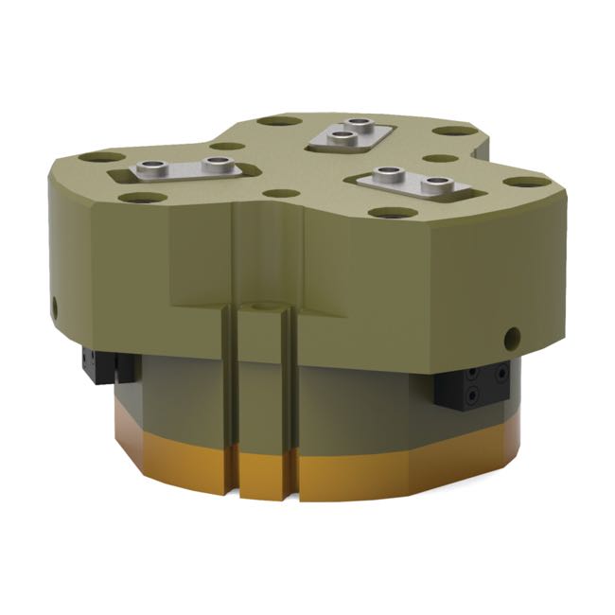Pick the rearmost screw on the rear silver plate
(x=357, y=125)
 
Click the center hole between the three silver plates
(x=278, y=193)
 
